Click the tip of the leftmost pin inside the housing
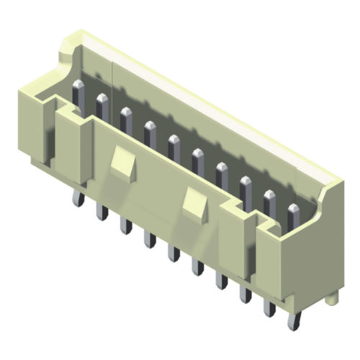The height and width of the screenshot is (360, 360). tap(79, 88)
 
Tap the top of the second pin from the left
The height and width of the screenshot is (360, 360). tap(102, 99)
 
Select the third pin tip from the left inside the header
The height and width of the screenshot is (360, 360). tap(126, 112)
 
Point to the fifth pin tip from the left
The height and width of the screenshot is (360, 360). tap(174, 138)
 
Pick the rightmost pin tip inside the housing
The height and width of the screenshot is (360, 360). tap(292, 210)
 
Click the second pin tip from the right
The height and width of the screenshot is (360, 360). tap(269, 195)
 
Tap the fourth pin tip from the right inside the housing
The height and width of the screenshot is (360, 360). tap(222, 167)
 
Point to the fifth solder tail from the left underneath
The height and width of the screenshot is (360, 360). tap(174, 253)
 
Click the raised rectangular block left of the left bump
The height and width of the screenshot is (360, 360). tap(72, 144)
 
